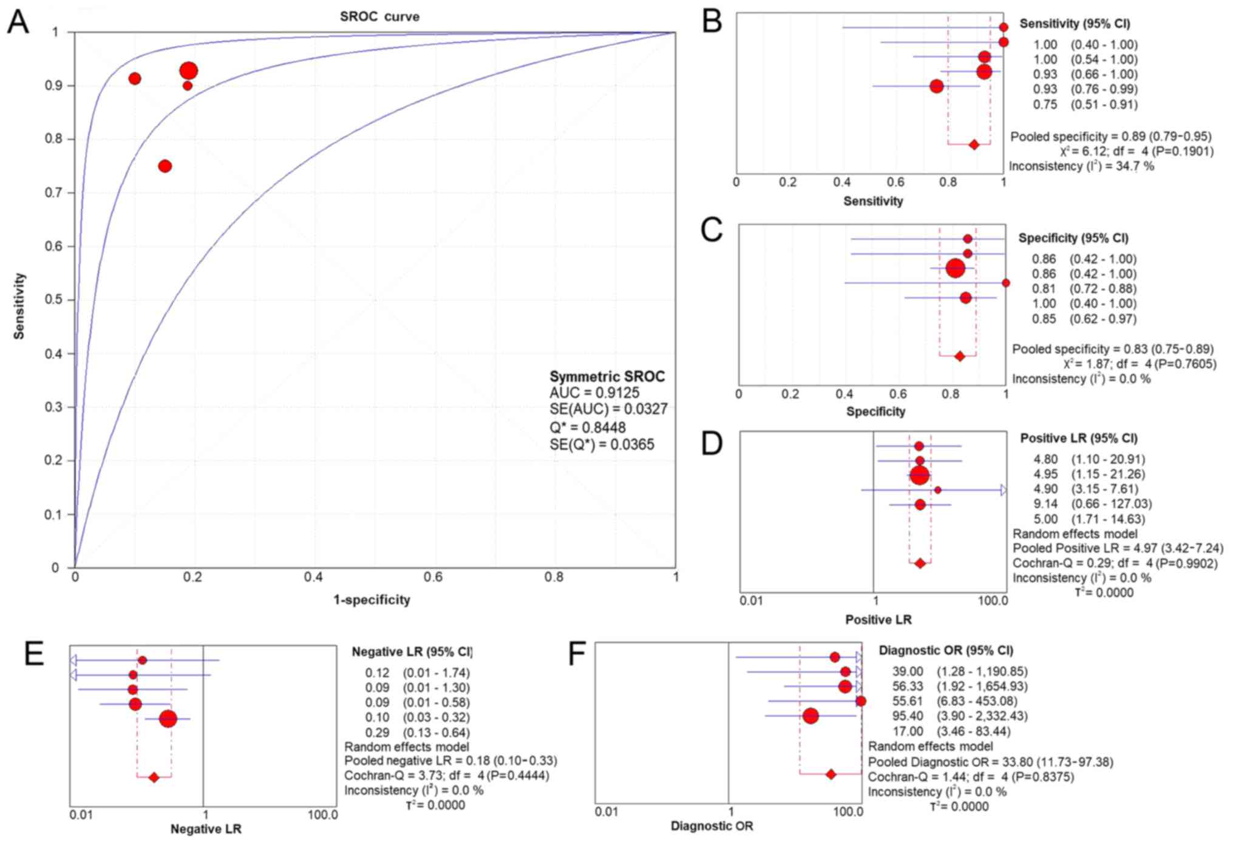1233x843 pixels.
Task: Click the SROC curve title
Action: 379,16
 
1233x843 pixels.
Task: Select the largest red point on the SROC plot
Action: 189,71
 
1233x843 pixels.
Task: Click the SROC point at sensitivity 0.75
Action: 165,166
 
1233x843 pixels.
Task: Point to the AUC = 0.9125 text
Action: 594,393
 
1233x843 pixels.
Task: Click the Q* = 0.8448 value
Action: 587,428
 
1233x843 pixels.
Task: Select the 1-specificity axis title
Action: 372,600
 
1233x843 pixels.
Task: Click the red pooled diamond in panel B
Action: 974,144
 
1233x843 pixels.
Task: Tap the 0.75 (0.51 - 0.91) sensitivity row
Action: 1084,104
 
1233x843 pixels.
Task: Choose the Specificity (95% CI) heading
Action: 1073,238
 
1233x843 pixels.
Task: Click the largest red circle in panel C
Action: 955,268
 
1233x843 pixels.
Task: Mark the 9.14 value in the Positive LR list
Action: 1045,504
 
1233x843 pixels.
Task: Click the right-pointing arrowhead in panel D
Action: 1004,490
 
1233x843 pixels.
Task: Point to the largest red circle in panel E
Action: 168,719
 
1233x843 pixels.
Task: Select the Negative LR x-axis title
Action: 206,828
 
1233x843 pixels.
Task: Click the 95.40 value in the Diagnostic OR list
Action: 907,716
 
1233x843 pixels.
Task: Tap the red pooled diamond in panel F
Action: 830,774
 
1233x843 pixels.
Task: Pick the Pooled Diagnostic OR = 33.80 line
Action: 990,762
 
